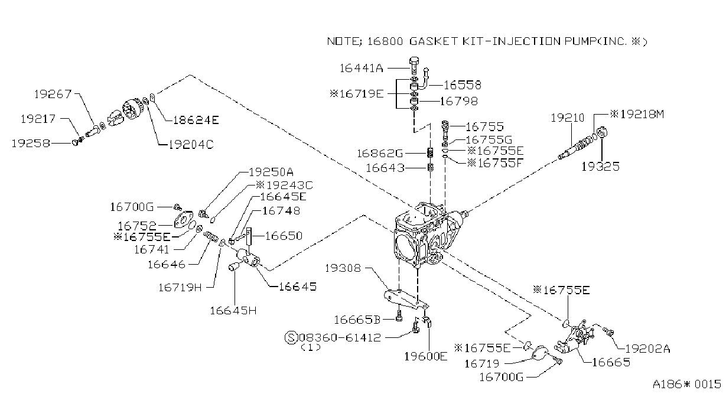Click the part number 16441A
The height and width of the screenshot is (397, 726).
362,68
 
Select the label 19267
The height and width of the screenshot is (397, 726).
53,94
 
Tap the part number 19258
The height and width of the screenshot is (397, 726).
31,143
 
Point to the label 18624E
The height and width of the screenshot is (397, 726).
196,121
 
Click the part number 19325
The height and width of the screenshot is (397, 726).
600,167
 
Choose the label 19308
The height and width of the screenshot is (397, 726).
343,268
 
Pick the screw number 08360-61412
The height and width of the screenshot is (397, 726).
340,338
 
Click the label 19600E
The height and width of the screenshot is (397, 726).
425,356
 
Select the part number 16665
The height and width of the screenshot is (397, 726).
611,362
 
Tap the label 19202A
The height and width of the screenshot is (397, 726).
647,349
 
